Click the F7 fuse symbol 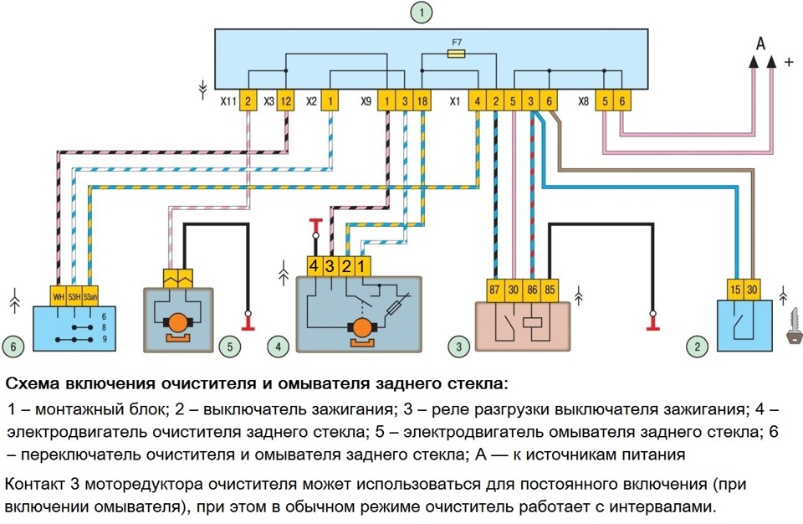tap(456, 53)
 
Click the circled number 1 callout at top tap(424, 12)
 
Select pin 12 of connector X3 tap(285, 100)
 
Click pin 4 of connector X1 tap(477, 100)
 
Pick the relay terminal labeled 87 tap(494, 289)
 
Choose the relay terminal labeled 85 tap(550, 289)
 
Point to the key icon tap(790, 329)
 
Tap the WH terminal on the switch tap(59, 295)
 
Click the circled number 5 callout tap(237, 344)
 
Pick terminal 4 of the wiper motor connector tap(314, 266)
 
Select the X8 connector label tap(583, 100)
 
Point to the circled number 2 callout tap(693, 344)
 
